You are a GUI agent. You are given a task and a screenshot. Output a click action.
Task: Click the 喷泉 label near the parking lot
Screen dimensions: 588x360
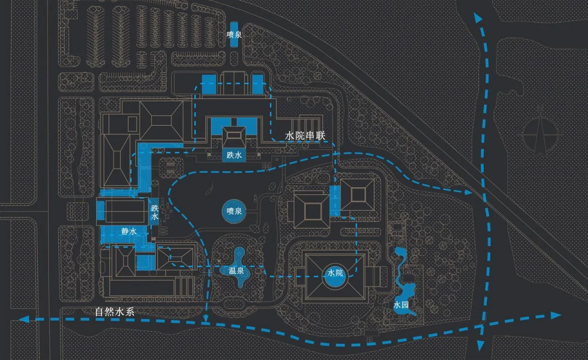tap(234, 34)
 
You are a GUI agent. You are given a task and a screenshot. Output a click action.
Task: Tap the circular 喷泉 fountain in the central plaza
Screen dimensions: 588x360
tap(234, 211)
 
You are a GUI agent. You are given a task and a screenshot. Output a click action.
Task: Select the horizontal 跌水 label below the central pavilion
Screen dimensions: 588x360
tap(234, 155)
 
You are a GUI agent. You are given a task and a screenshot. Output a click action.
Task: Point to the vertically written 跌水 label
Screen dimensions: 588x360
tap(155, 213)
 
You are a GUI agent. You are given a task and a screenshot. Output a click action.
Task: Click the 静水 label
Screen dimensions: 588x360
tap(129, 231)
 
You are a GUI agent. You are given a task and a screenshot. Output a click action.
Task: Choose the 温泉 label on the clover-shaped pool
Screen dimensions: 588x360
tap(236, 270)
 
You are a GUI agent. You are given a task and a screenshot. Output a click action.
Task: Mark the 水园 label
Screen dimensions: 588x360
tap(401, 305)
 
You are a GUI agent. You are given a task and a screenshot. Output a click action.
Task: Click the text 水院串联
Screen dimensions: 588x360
tap(305, 135)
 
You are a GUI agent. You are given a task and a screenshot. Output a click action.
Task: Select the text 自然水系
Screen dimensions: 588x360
tap(115, 312)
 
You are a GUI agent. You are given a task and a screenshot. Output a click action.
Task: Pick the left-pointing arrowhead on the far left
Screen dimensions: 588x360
tap(24, 319)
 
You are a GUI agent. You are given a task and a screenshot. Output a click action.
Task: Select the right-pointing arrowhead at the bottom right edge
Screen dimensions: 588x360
tap(556, 315)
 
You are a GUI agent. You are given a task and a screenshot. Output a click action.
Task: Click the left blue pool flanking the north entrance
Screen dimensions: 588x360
tap(209, 84)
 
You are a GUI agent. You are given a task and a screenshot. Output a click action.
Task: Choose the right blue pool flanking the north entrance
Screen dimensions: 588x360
tap(258, 84)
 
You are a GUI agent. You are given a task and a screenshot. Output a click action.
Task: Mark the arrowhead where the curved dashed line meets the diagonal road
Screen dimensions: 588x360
tap(468, 192)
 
